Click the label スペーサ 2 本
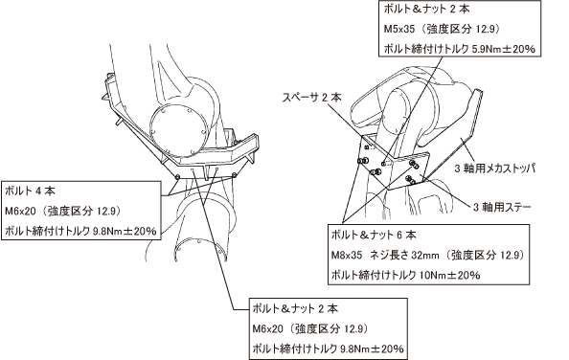pos(311,97)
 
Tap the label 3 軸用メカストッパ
pos(495,169)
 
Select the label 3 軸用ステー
pos(502,207)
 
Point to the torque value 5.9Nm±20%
pos(503,49)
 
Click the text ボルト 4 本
pos(30,191)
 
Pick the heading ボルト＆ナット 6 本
pos(374,236)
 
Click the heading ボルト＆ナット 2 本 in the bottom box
pos(295,309)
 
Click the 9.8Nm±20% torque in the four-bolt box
pos(125,231)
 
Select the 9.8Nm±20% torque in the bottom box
pos(372,349)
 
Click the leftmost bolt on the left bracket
pos(177,176)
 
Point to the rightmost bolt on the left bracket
pos(235,175)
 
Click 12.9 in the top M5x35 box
pos(485,29)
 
